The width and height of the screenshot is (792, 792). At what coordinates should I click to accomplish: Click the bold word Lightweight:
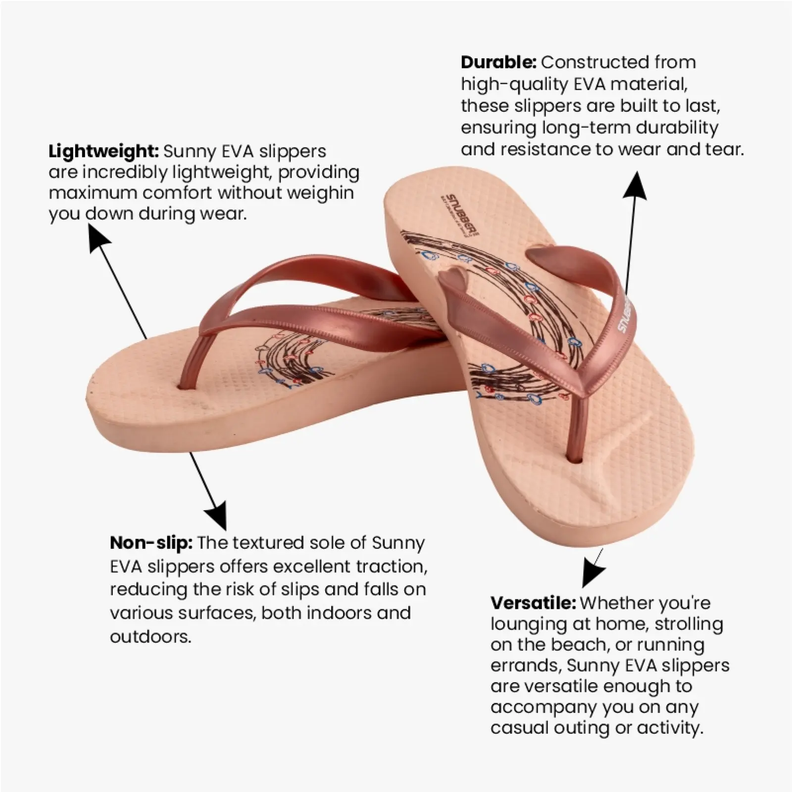tap(103, 151)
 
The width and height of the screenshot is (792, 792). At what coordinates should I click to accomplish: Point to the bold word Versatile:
tap(533, 603)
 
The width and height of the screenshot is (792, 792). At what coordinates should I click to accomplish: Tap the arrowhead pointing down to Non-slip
tap(217, 515)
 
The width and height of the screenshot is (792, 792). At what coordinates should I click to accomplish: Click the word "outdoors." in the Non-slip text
tap(150, 636)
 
